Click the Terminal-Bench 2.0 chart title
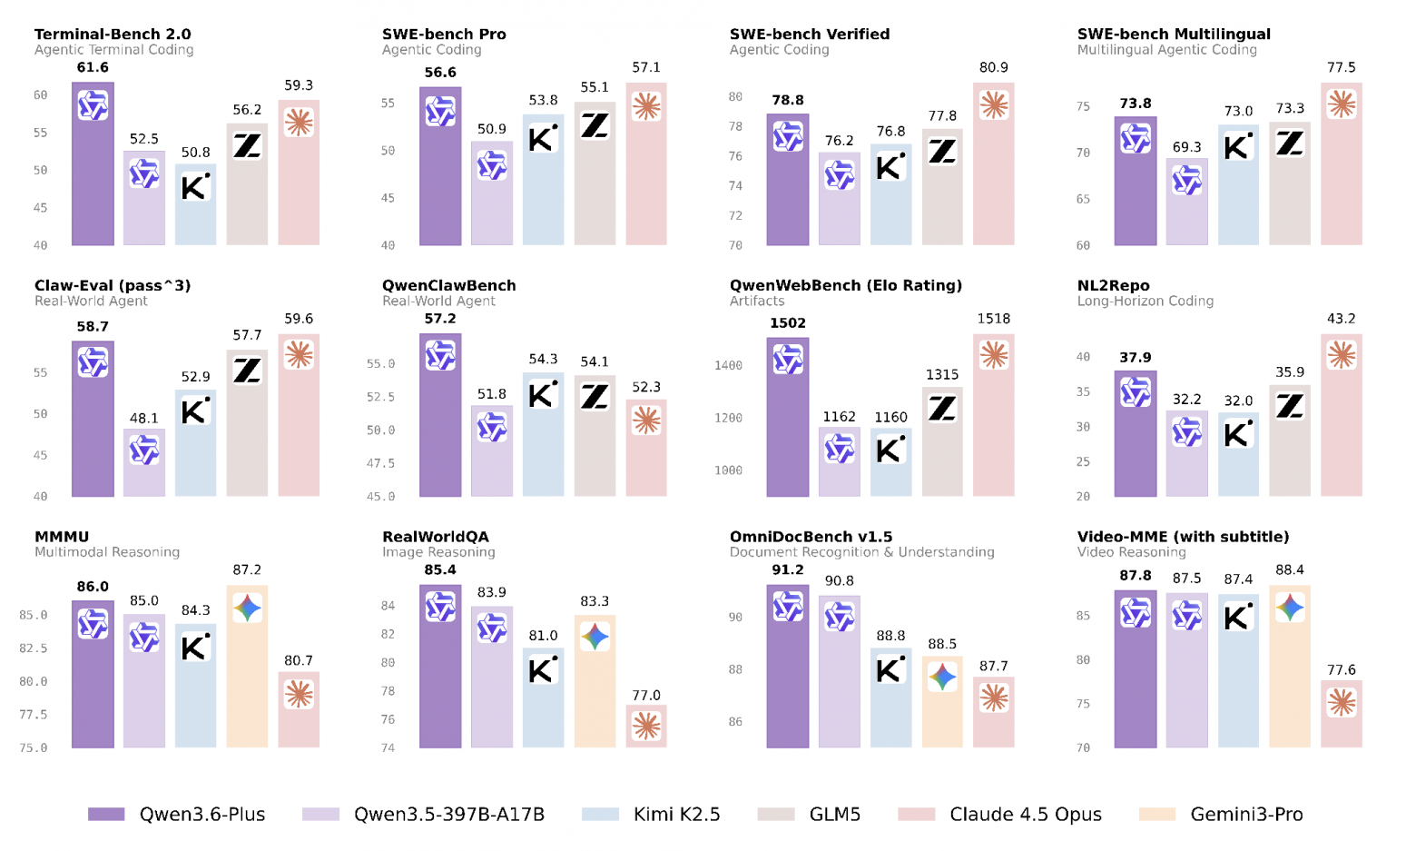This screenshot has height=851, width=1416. tap(113, 34)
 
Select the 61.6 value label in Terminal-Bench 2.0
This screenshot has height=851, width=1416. tap(93, 67)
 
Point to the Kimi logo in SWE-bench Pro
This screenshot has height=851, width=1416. tap(543, 138)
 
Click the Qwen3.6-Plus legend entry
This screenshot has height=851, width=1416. tap(177, 815)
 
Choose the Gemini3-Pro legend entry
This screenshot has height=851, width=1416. tap(1222, 815)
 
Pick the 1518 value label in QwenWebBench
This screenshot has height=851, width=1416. tap(994, 319)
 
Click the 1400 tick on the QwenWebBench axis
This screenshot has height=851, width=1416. tap(728, 365)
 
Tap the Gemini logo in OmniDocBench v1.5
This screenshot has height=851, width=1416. tap(942, 677)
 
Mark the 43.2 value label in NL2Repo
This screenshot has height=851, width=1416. tap(1341, 319)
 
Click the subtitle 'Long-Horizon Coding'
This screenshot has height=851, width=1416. tap(1145, 301)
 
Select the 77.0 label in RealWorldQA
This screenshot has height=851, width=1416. tap(646, 696)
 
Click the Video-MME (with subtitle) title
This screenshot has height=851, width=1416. tap(1183, 537)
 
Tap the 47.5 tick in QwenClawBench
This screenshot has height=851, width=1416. tap(380, 463)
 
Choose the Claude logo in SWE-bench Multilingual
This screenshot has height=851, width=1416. tap(1341, 104)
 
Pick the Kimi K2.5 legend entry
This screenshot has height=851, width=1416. tap(652, 815)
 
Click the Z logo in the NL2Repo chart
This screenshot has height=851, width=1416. tap(1290, 405)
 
